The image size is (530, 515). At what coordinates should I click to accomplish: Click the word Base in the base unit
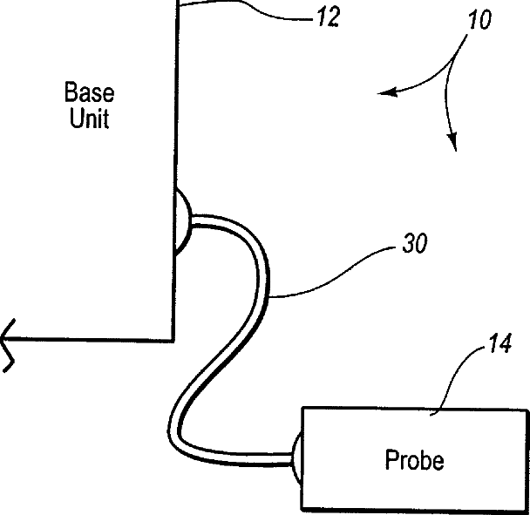(x=89, y=92)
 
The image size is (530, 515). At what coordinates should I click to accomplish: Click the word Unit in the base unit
(x=89, y=119)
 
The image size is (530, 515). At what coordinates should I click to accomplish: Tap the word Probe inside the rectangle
(x=414, y=459)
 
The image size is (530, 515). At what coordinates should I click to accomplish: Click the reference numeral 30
(x=414, y=245)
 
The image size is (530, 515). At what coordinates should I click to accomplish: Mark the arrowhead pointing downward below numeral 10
(x=452, y=144)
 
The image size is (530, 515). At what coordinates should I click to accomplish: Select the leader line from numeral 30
(x=331, y=270)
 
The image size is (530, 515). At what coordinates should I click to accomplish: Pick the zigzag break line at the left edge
(x=9, y=343)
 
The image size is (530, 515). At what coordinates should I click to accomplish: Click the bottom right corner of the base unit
(x=173, y=338)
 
